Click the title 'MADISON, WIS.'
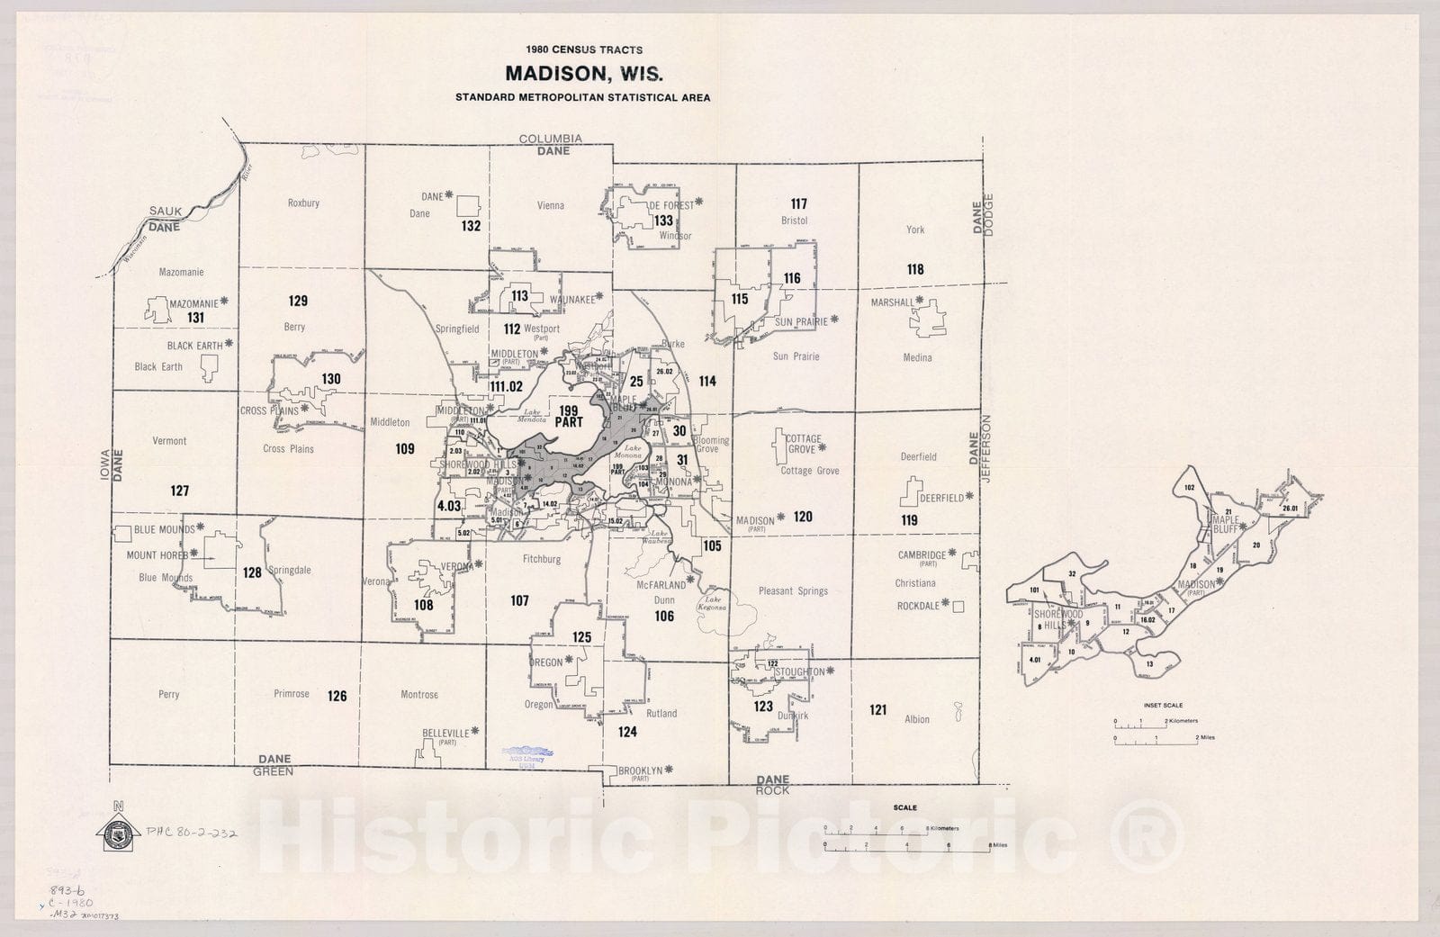583,73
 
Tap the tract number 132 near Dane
471,226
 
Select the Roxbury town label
303,203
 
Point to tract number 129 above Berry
298,301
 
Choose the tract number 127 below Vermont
180,491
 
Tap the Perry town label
168,695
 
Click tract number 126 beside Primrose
337,696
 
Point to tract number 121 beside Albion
877,710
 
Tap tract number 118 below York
915,269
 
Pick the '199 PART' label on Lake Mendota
569,416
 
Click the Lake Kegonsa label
713,603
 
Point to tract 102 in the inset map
1189,488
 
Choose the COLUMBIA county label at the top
551,139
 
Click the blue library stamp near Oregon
529,754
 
